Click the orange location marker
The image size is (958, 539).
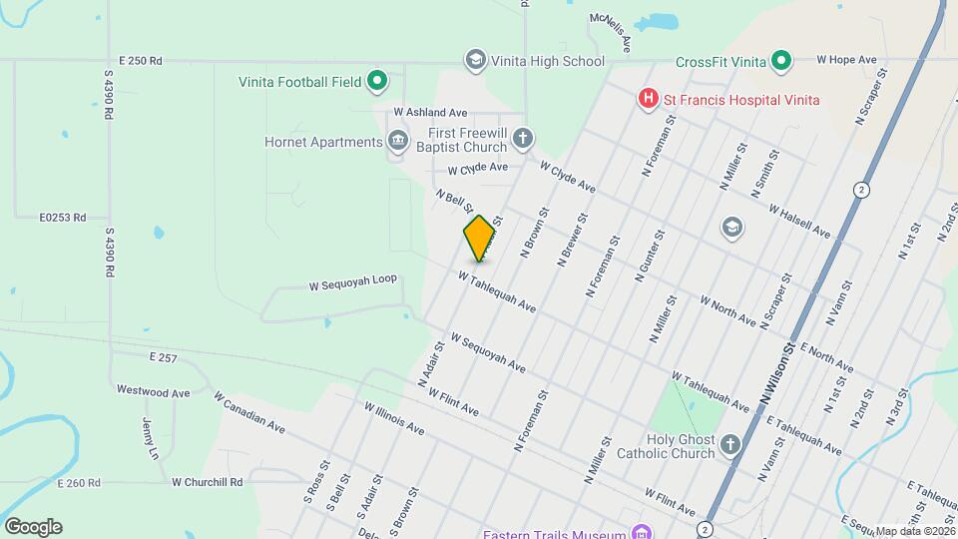(x=480, y=239)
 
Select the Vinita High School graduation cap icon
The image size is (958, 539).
(x=476, y=61)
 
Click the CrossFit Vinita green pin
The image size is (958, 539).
(x=783, y=62)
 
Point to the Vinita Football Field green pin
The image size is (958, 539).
(x=377, y=81)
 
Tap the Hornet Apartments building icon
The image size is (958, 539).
(x=398, y=141)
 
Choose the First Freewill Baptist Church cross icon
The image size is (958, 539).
(x=523, y=139)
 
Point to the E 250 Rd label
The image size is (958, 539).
(x=140, y=61)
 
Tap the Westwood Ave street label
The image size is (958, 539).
(x=153, y=392)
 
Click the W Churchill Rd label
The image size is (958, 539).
(x=208, y=482)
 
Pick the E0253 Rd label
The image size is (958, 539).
(x=63, y=217)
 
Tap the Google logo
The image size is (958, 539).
(x=33, y=526)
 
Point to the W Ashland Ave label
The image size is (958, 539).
(x=430, y=113)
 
